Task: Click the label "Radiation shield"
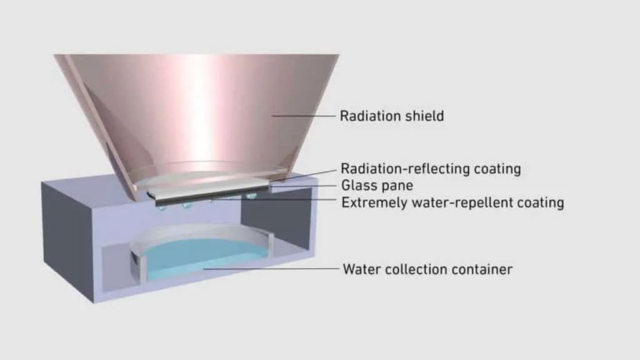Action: point(392,116)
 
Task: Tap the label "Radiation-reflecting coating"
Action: point(431,169)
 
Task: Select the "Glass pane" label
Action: point(377,186)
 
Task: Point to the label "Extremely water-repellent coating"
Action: point(452,203)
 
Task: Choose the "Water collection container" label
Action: point(427,269)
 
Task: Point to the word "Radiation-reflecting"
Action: point(405,169)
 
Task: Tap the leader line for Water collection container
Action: point(271,269)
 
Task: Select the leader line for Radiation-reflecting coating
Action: point(307,175)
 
